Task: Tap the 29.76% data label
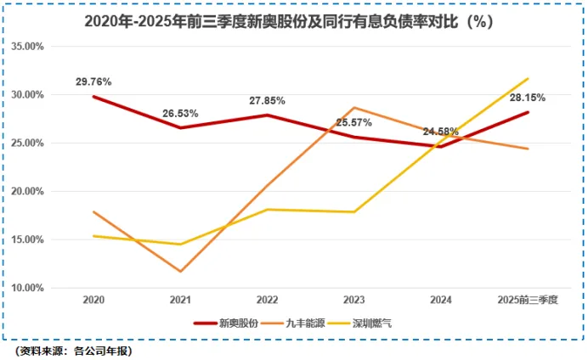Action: click(x=93, y=82)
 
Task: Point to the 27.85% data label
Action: click(x=267, y=100)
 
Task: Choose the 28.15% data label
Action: click(x=528, y=98)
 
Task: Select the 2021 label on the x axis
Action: click(x=179, y=301)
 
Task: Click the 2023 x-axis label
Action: click(x=353, y=301)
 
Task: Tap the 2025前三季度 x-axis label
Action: click(x=528, y=301)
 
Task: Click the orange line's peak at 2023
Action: click(x=353, y=108)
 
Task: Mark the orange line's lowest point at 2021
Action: click(x=179, y=272)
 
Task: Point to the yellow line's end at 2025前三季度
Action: click(x=528, y=79)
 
